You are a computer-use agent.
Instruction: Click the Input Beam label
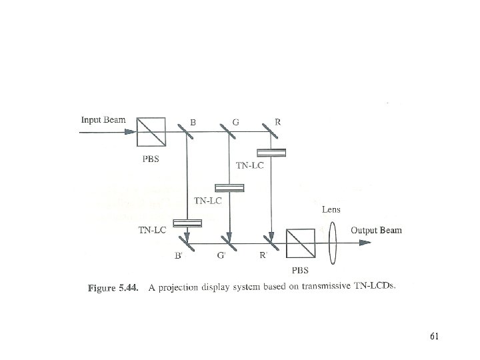[x=103, y=121]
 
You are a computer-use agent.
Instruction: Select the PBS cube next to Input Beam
[x=150, y=132]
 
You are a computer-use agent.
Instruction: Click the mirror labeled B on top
[x=187, y=132]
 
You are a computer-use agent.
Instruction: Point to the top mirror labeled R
[x=270, y=132]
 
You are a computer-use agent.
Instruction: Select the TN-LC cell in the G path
[x=229, y=187]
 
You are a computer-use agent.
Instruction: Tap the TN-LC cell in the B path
[x=187, y=223]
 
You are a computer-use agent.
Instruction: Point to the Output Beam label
[x=377, y=231]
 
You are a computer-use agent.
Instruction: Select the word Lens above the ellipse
[x=331, y=209]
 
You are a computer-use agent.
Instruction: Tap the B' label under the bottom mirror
[x=179, y=255]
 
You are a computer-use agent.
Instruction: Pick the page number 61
[x=434, y=336]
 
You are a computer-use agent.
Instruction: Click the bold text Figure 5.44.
[x=111, y=288]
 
